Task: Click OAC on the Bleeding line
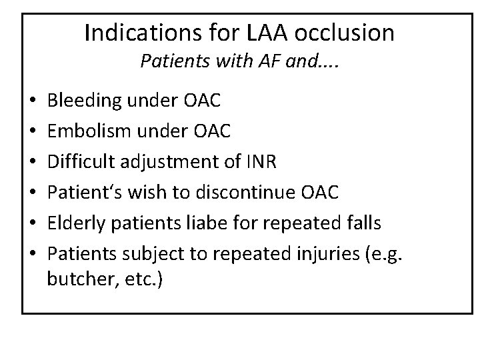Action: pyautogui.click(x=199, y=102)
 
